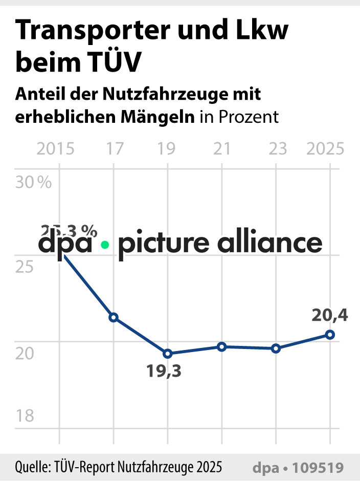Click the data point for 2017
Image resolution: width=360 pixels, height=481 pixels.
coord(114,317)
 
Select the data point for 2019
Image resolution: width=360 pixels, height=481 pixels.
coord(167,354)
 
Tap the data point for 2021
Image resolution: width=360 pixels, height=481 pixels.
coord(221,347)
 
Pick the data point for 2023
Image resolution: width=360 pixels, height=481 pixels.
coord(276,348)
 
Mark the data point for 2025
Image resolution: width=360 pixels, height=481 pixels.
coord(330,335)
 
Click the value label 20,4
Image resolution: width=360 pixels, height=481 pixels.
coord(330,316)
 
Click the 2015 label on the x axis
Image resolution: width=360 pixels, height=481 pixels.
coord(56,149)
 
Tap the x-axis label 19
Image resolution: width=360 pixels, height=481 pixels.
coord(167,149)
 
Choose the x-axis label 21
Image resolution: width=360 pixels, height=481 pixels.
coord(221,149)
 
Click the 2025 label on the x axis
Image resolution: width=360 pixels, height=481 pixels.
coord(325,149)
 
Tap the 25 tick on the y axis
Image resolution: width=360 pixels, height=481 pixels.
coord(25,267)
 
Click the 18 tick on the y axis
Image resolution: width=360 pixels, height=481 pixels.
coord(25,416)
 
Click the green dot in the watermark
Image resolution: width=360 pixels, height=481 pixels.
coord(105,245)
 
